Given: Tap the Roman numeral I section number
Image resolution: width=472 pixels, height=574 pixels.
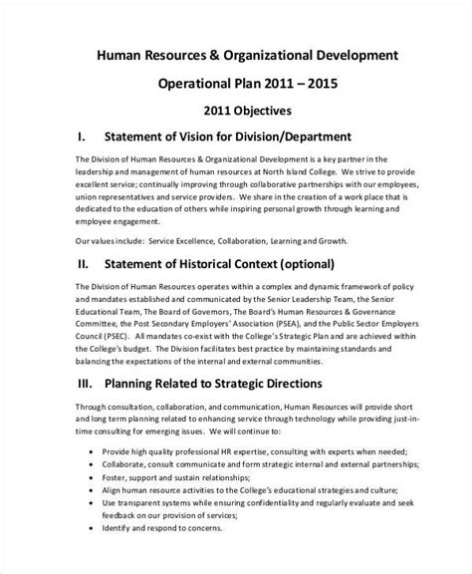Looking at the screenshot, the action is point(80,135).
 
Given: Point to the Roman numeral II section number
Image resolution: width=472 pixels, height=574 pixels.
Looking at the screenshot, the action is point(83,264).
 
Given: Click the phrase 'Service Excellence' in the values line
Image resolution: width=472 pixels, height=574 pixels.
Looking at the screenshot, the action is point(180,239).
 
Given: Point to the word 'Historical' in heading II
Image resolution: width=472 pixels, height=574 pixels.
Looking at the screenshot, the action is point(217,264).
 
